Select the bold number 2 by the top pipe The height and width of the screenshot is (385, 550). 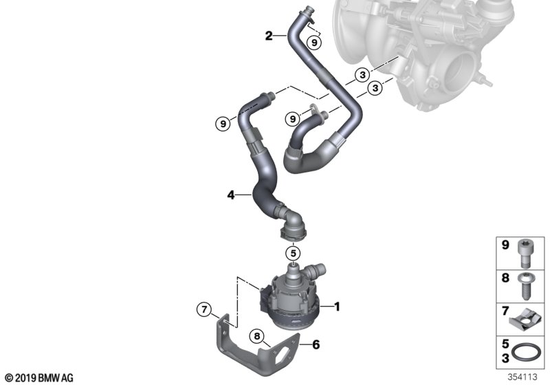(270, 34)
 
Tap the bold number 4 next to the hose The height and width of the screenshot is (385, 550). (232, 196)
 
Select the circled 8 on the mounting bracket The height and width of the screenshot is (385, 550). (258, 337)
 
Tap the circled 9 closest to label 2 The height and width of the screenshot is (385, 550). (313, 43)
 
